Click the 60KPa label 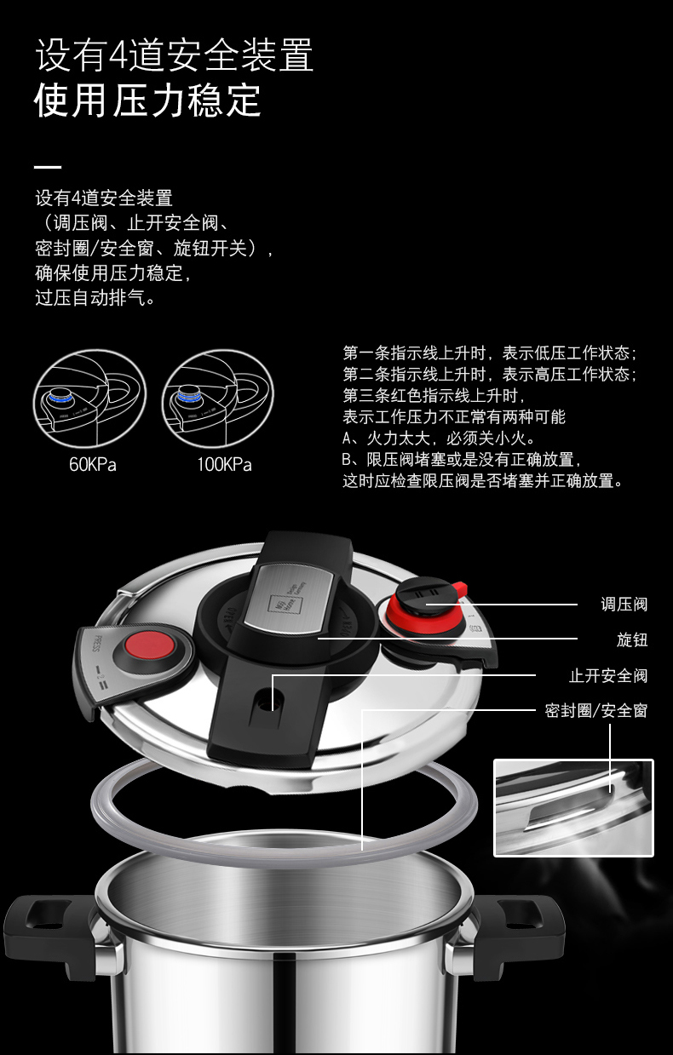(92, 465)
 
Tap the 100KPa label (224, 465)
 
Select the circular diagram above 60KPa (89, 398)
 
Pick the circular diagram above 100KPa (218, 398)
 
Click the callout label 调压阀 (624, 605)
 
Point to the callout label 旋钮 (632, 639)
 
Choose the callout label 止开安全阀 (608, 676)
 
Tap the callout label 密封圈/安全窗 (596, 711)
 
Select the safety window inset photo (573, 808)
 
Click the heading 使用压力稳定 (147, 100)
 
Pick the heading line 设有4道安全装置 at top (175, 55)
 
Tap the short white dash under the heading (48, 167)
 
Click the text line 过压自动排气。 (95, 298)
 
